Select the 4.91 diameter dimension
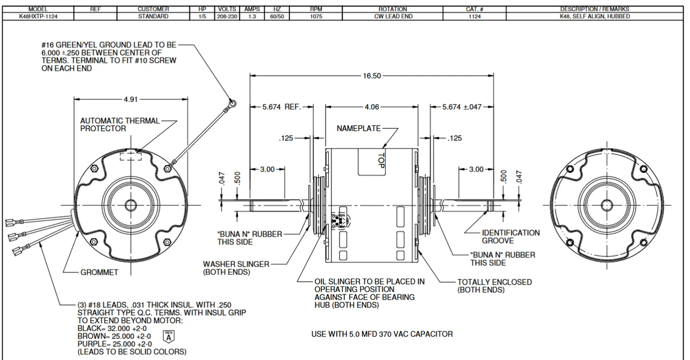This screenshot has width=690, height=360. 130,99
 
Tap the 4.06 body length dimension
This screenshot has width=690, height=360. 372,107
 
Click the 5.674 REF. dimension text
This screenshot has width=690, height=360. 281,107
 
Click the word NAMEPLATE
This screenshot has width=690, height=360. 358,129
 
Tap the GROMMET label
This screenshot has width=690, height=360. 99,273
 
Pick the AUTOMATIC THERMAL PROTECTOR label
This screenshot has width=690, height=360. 120,124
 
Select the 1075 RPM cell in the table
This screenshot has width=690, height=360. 316,17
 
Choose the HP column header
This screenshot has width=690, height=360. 201,9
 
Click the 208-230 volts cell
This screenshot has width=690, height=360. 225,17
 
